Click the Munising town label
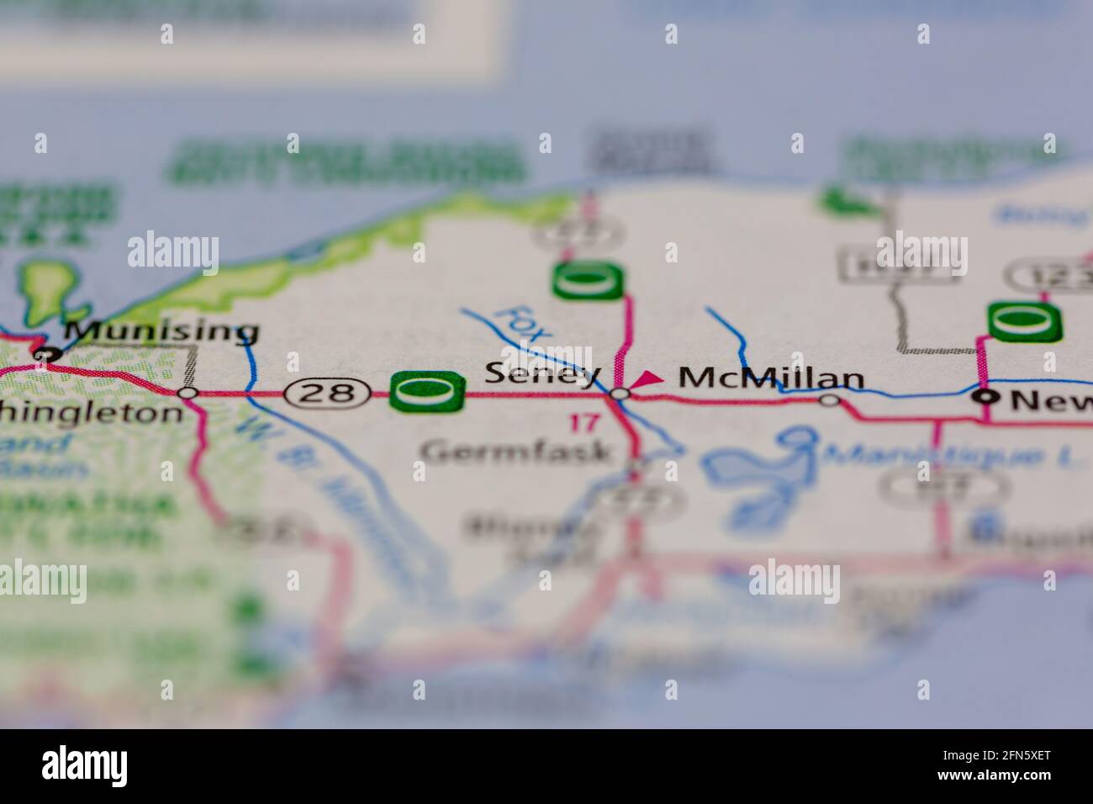(x=161, y=331)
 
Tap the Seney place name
(x=543, y=374)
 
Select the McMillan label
(x=771, y=378)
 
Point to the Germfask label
(x=516, y=452)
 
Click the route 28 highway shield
(x=327, y=391)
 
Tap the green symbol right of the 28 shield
(x=427, y=391)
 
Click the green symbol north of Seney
(x=589, y=281)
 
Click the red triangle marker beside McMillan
(x=647, y=380)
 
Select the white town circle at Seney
(x=620, y=394)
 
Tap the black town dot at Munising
(x=42, y=355)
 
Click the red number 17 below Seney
(x=585, y=422)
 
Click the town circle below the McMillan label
(x=830, y=400)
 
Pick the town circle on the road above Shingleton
(x=188, y=393)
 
